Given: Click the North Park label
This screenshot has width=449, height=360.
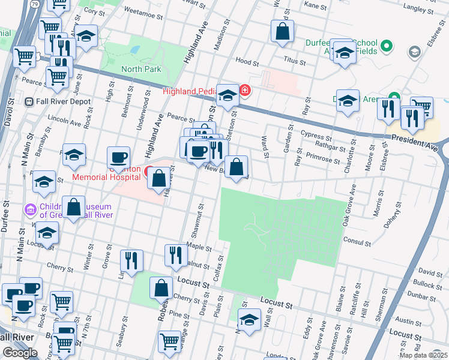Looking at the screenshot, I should [x=141, y=70].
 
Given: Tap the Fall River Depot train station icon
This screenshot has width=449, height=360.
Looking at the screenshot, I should [x=29, y=102].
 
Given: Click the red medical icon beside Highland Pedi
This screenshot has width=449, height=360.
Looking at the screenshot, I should [x=245, y=91].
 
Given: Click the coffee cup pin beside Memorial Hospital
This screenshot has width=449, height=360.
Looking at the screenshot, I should [x=118, y=158].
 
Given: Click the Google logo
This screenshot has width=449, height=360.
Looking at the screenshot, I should [x=20, y=353].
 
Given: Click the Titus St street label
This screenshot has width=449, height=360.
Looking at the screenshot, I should [x=295, y=62].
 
